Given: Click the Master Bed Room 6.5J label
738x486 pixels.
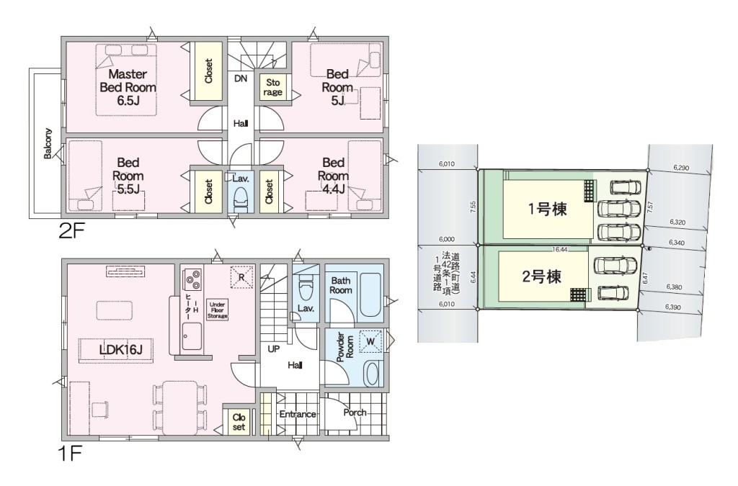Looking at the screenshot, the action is point(128,87).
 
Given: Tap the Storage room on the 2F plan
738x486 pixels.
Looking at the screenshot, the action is point(272,87).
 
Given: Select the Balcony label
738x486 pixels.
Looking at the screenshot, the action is point(48,143).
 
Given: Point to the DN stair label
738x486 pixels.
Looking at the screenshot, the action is point(241,78).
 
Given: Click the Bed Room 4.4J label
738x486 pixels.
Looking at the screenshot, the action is point(333,176).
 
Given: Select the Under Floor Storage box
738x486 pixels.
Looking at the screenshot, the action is point(218,311).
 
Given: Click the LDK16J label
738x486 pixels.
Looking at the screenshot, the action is point(120,349).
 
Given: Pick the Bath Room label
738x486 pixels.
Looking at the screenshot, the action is point(341,285).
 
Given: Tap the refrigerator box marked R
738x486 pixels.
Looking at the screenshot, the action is point(241,277).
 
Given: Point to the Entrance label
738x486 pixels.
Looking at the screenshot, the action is point(298,414).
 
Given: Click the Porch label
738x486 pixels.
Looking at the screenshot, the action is point(355,413).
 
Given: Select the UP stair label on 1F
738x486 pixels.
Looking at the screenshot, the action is point(273,349).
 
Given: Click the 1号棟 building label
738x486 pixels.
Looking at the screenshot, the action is point(547,209).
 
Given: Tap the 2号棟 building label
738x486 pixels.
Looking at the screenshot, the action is point(542,276).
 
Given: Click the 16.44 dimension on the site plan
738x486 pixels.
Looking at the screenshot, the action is point(560,250).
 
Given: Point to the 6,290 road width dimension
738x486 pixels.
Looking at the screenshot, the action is point(681,168).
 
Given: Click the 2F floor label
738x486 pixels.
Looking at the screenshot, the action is point(71,231).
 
